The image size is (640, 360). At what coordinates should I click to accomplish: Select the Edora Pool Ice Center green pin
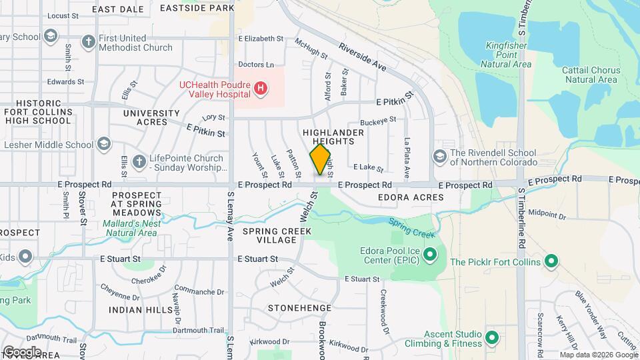430,254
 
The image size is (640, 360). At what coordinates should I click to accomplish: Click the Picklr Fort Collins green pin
551,261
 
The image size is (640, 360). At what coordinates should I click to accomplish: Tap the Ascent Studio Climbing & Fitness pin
492,337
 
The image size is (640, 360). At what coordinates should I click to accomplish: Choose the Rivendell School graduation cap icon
439,156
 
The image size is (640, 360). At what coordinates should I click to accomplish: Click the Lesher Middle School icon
104,144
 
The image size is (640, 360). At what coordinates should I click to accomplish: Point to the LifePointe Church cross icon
139,161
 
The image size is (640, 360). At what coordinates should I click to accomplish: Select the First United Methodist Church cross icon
87,41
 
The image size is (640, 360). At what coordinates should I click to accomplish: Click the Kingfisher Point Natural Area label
507,55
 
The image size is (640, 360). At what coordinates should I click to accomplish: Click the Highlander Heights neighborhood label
333,137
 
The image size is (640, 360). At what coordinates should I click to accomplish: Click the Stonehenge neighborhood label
299,308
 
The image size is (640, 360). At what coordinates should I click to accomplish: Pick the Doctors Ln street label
256,65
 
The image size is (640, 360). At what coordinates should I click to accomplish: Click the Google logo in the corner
22,351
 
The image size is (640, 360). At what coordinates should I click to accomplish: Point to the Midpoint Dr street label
547,216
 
